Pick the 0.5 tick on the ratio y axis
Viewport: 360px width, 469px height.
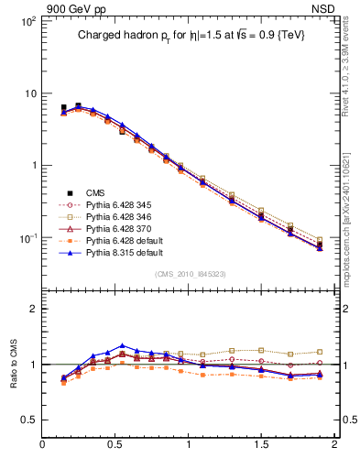pyautogui.click(x=29, y=420)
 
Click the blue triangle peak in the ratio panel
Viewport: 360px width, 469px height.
pyautogui.click(x=122, y=346)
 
